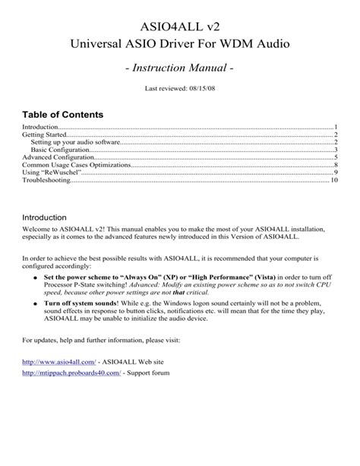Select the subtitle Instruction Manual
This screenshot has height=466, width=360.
pyautogui.click(x=180, y=70)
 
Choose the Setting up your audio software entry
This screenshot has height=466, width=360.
pyautogui.click(x=76, y=142)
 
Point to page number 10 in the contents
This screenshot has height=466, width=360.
pyautogui.click(x=333, y=181)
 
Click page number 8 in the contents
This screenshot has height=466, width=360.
pyautogui.click(x=335, y=165)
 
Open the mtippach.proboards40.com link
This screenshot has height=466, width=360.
pyautogui.click(x=71, y=373)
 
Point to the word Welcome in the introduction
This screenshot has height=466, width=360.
pyautogui.click(x=36, y=230)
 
